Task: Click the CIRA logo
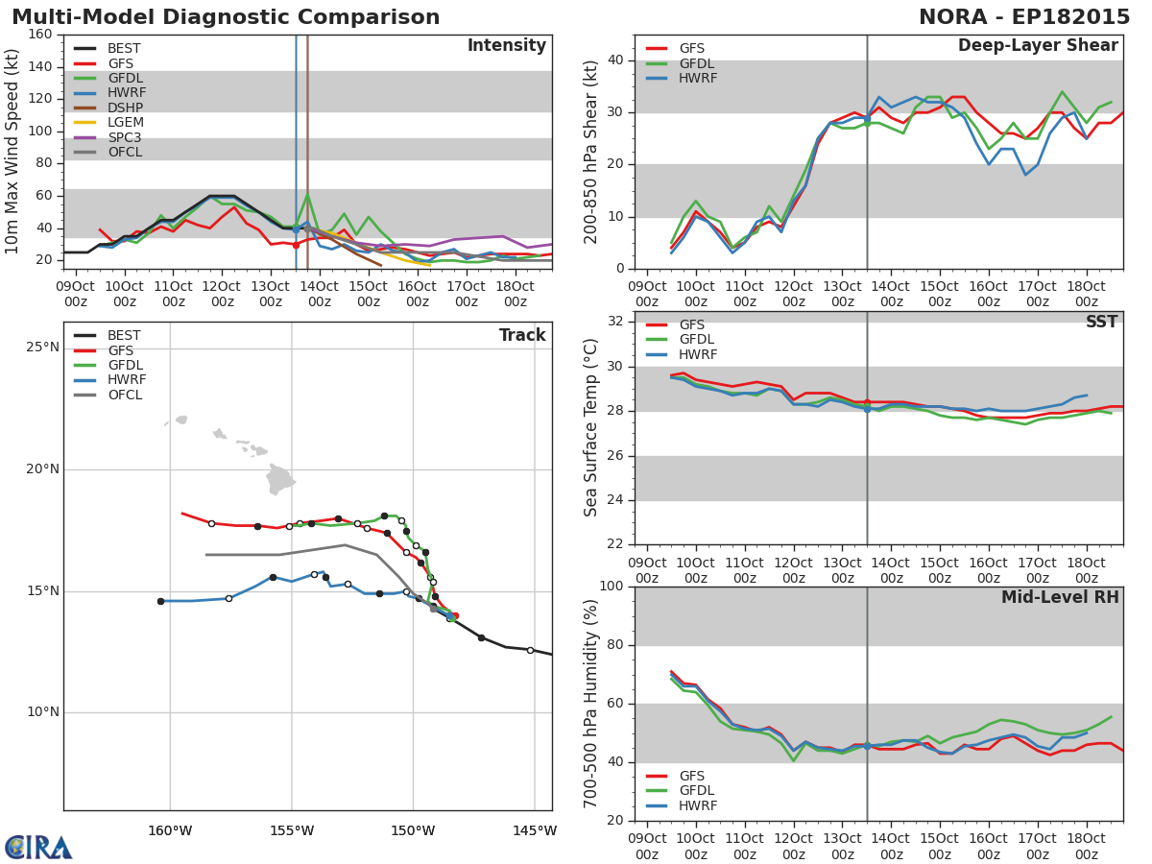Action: (38, 848)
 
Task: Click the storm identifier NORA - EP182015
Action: (1024, 16)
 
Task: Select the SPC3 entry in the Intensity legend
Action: (110, 137)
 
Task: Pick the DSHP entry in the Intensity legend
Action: (110, 108)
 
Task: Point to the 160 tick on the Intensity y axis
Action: (40, 35)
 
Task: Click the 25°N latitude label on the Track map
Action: (42, 348)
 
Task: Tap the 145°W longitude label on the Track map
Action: (535, 831)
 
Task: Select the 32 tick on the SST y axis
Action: (615, 321)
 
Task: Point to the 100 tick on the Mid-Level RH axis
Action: (612, 586)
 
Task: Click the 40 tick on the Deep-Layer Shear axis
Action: (615, 60)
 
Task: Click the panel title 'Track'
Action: (522, 335)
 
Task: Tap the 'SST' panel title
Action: (1102, 321)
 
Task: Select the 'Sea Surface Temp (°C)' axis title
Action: (590, 427)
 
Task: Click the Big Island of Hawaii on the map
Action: (279, 479)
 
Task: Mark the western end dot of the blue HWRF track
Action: (160, 601)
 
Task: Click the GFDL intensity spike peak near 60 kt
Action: (307, 195)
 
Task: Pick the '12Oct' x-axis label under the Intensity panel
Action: (222, 286)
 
